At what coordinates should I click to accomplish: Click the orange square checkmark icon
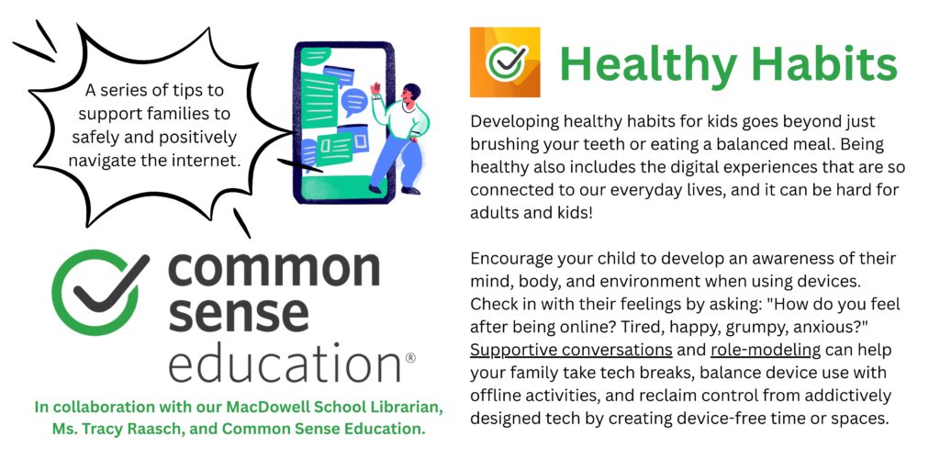point(505,62)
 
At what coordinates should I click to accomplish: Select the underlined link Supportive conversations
point(571,350)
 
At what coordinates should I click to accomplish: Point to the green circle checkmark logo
point(95,291)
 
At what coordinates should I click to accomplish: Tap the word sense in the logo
point(239,316)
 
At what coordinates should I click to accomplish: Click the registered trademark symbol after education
point(410,358)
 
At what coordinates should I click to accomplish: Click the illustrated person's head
point(410,94)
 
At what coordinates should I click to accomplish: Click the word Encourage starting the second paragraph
point(511,259)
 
